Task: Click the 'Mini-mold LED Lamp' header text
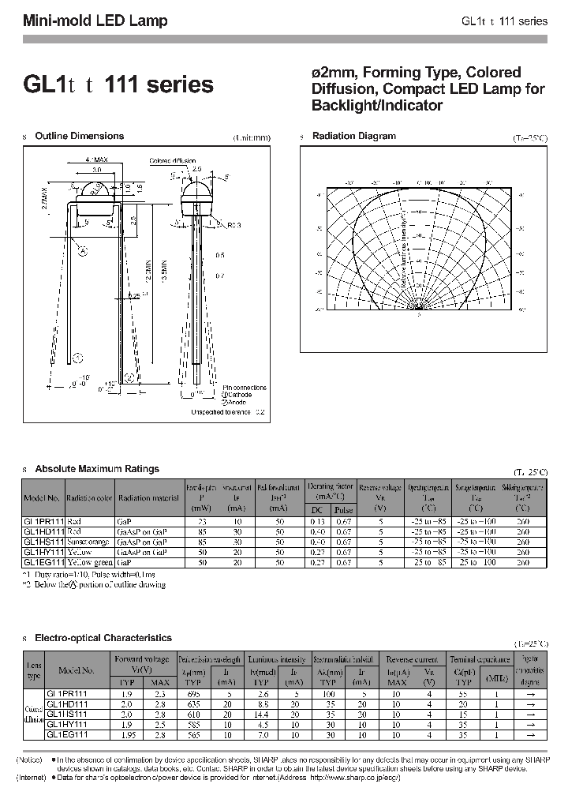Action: pyautogui.click(x=95, y=21)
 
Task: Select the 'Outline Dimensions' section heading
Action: pyautogui.click(x=80, y=137)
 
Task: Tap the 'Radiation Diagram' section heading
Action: pyautogui.click(x=354, y=137)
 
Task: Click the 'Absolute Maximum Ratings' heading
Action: pyautogui.click(x=97, y=469)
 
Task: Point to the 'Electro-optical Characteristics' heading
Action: pyautogui.click(x=103, y=637)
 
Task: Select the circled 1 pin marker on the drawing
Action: pyautogui.click(x=77, y=358)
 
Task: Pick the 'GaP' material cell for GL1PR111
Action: pyautogui.click(x=125, y=522)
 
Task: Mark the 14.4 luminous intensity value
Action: pyautogui.click(x=263, y=713)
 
